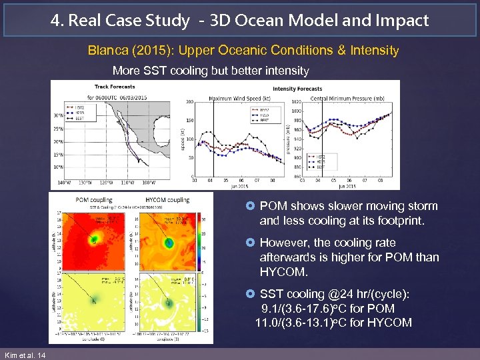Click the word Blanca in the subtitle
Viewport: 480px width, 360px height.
105,51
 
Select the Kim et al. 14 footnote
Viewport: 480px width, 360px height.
25,355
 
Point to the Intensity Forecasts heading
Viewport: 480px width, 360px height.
297,89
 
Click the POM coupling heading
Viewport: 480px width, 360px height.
93,199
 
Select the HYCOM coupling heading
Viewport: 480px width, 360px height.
167,199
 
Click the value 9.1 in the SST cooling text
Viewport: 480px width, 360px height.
271,309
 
